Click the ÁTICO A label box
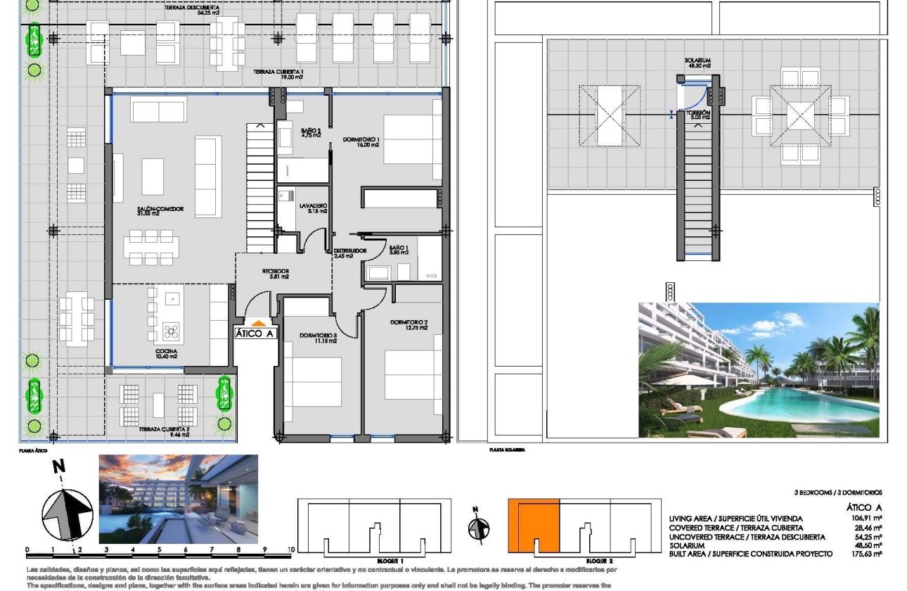click(x=255, y=334)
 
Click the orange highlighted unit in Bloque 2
click(x=534, y=525)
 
